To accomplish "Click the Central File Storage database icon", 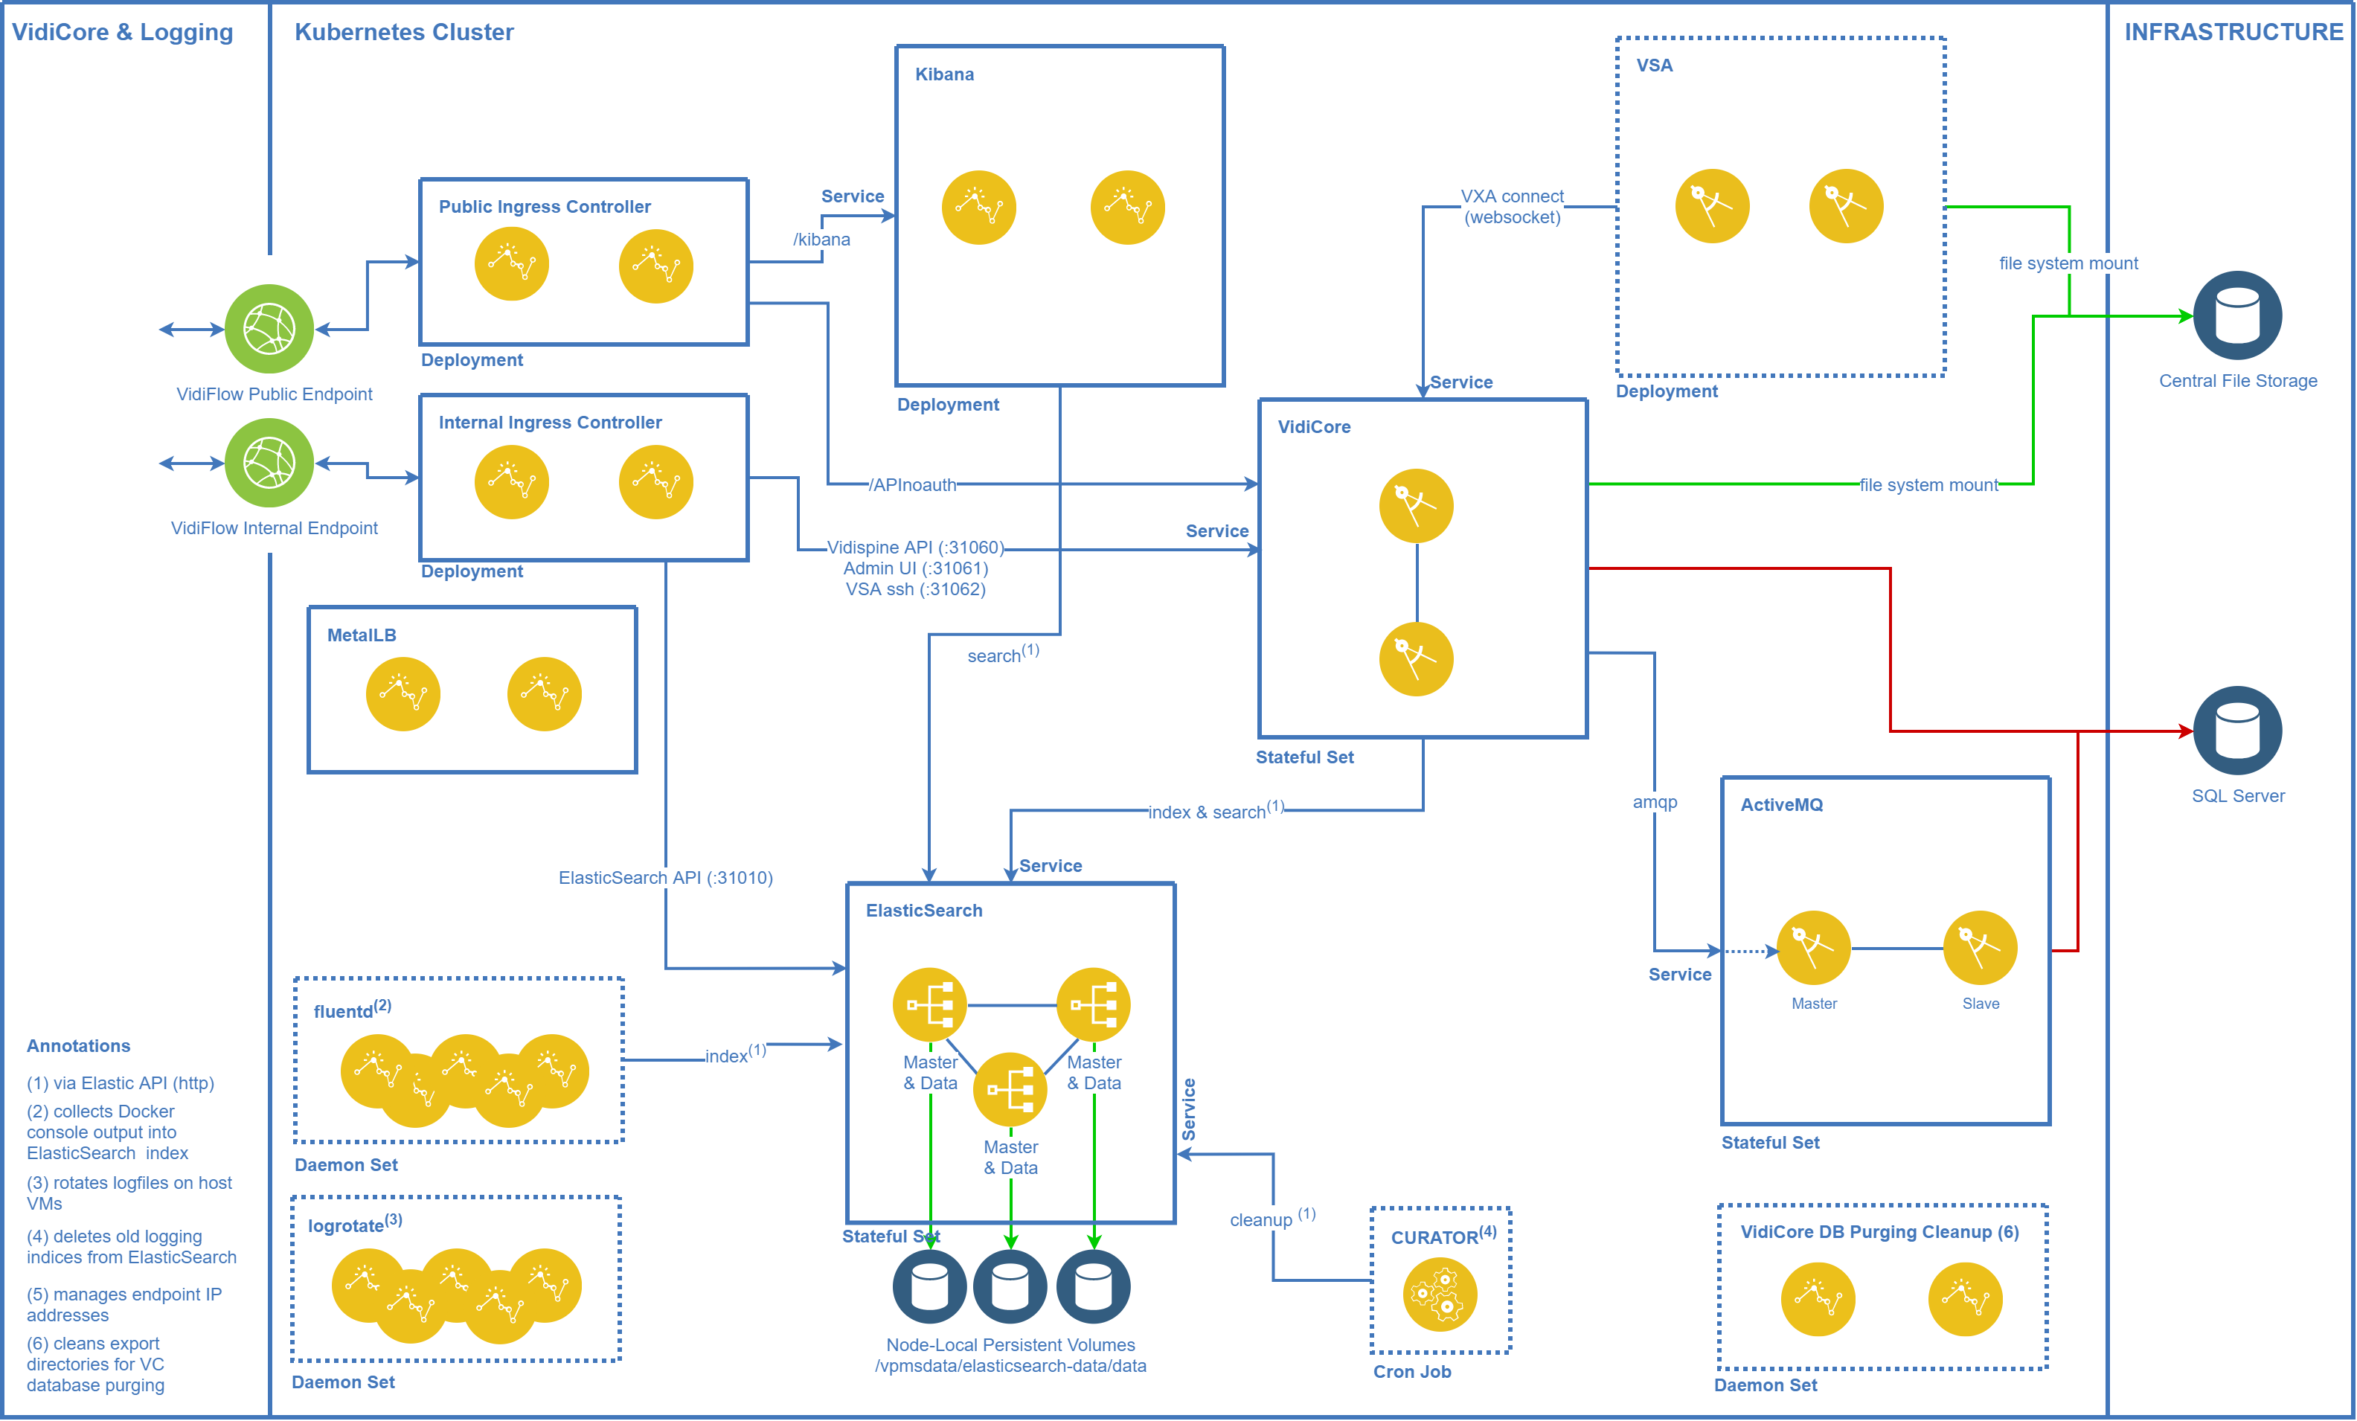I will coord(2236,315).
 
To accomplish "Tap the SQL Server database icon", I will coord(2236,731).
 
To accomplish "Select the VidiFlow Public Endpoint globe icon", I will coord(269,329).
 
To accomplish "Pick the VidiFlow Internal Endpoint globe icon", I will coord(269,463).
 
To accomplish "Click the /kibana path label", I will coord(821,239).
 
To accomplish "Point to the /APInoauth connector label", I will coord(913,485).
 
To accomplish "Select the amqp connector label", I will coord(1654,802).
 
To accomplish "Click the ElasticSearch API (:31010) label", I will coord(665,878).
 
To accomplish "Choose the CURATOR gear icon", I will coord(1440,1295).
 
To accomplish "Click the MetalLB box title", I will coord(362,635).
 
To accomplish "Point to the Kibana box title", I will coord(944,74).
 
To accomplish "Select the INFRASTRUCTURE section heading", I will coord(2233,33).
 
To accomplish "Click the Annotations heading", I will coord(78,1046).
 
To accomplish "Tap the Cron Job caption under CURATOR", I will coord(1412,1371).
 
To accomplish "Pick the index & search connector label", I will coord(1215,811).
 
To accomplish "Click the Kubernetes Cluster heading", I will coord(404,33).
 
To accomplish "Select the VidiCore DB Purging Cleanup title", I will coord(1879,1232).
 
